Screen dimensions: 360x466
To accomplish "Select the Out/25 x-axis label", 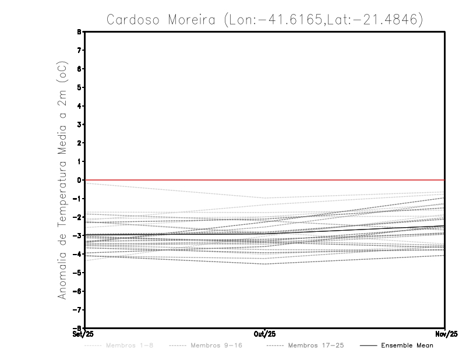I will [x=264, y=334].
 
